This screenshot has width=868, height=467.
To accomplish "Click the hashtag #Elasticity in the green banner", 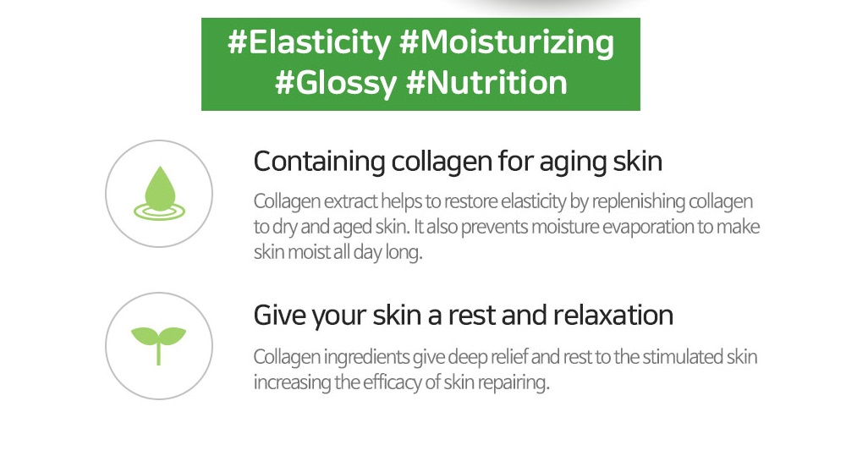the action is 309,43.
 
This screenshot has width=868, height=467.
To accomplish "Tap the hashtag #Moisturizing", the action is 507,43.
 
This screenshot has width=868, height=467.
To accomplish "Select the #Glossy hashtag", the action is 336,84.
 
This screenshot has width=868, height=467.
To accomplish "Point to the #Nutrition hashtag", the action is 486,83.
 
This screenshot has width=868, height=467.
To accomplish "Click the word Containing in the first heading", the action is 319,162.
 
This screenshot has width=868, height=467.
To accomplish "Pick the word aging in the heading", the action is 573,162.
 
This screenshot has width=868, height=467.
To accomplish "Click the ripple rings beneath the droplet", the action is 159,212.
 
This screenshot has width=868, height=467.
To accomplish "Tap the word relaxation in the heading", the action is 613,315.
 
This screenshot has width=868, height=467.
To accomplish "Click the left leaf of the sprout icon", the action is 145,335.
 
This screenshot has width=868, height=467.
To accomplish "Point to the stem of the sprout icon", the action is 159,354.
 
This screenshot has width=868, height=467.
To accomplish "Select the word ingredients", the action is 366,357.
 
